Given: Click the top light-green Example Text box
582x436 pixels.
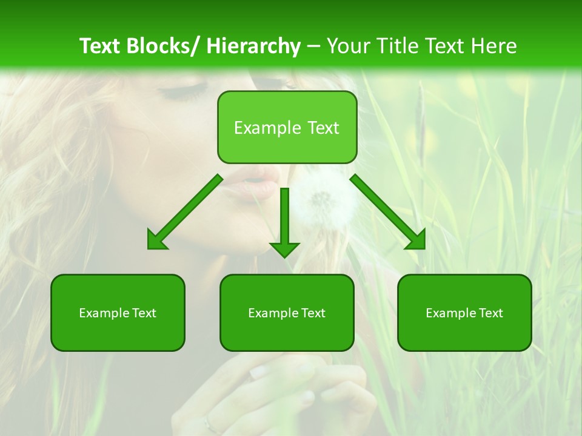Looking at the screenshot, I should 287,127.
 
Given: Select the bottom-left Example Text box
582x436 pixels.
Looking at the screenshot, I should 118,312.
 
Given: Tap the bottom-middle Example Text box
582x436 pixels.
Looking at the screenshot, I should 287,312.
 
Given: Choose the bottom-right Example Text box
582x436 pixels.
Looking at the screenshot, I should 464,312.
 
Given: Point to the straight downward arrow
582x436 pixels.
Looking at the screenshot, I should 284,221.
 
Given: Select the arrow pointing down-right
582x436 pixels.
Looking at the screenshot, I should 389,213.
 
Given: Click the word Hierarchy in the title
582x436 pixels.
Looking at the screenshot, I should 253,46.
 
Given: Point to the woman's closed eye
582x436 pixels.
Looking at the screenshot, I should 179,93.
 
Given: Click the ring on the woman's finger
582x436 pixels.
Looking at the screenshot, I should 209,423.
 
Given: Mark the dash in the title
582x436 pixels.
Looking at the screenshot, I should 313,46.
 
